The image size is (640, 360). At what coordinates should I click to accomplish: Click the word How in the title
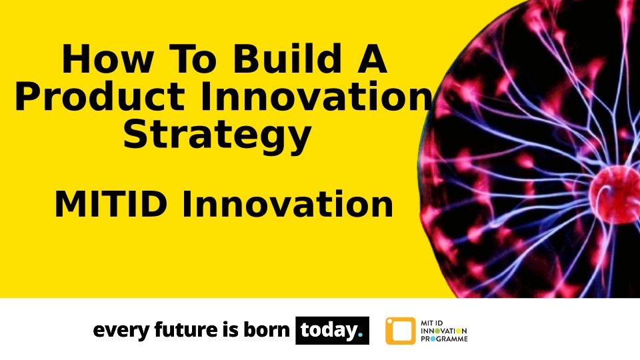pos(107,59)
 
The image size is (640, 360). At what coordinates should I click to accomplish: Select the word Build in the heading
pos(287,59)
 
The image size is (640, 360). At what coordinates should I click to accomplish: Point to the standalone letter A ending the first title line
pos(371,59)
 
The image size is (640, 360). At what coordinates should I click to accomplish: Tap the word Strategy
pos(217,135)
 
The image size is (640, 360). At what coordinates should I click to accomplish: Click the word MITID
pos(110,205)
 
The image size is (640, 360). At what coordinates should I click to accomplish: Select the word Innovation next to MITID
pos(287,204)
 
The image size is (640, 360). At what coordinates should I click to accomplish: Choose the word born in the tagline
pos(267,329)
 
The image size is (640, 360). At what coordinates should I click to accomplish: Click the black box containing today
pos(332,330)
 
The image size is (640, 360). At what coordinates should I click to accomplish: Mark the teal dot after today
pos(360,335)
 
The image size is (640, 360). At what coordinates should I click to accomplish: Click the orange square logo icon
pos(401,331)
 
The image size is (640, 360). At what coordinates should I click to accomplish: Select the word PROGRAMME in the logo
pos(444,339)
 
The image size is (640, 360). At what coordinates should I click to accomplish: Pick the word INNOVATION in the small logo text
pos(444,331)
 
